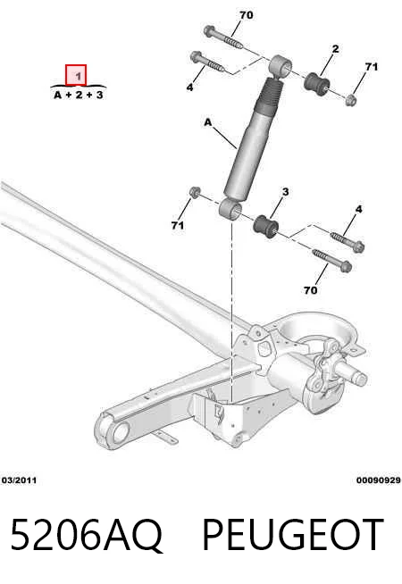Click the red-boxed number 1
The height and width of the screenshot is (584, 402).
76,76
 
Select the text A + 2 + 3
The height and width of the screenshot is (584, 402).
79,96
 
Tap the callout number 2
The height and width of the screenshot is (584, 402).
335,49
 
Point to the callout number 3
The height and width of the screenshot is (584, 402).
285,192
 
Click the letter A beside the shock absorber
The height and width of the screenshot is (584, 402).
208,122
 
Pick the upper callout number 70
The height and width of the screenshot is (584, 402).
247,15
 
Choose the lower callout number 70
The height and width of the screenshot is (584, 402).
310,290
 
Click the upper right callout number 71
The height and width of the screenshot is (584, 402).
371,67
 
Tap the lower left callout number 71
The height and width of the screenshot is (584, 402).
178,226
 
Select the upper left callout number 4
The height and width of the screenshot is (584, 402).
190,88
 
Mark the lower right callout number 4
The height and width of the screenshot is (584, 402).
358,209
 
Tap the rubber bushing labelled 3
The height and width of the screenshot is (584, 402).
265,226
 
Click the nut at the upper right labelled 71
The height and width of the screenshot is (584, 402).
350,100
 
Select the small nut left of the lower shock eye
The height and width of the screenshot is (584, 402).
194,193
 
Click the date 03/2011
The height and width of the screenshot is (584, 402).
20,480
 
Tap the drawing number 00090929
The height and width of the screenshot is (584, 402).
379,480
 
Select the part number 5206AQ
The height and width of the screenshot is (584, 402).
87,535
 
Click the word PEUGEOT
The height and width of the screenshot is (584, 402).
293,535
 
